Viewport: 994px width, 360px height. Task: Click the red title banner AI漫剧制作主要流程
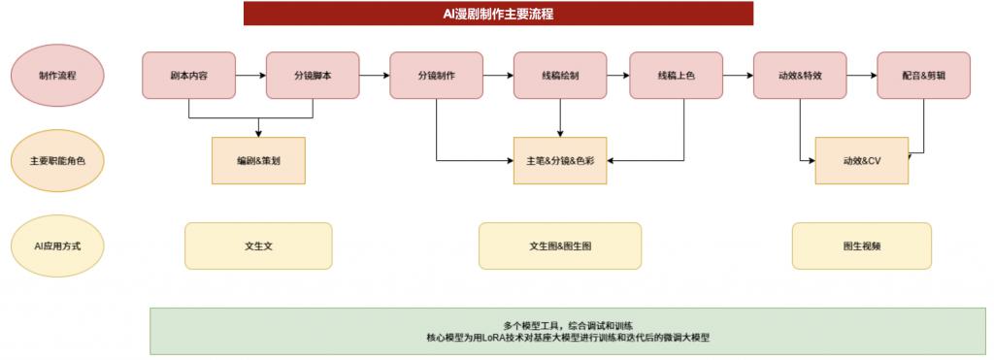pos(498,14)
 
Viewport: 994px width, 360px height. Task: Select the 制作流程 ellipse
pos(57,75)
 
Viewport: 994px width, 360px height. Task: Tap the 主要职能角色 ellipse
pos(57,160)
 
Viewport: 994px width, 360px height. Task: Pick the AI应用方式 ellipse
pos(57,246)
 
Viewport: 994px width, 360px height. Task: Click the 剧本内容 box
pos(188,75)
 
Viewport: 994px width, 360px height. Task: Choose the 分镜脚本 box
pos(313,75)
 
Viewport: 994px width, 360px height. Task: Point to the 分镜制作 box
pos(436,75)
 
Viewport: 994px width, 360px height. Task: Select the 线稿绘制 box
pos(560,75)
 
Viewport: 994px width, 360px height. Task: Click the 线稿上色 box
pos(676,75)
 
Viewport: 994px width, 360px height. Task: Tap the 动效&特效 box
pos(800,75)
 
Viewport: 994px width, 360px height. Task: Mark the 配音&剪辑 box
pos(923,75)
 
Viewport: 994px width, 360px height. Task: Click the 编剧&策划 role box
pos(258,160)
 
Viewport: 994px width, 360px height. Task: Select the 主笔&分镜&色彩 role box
pos(560,160)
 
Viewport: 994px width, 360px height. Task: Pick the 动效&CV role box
pos(861,160)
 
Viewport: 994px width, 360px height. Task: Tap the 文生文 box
pos(258,246)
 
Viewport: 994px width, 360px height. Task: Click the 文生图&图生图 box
pos(560,246)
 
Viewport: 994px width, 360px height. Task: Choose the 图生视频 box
pos(861,246)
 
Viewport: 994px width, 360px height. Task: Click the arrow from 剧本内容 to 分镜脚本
pos(250,75)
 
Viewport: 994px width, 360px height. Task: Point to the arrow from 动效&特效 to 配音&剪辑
pos(861,75)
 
